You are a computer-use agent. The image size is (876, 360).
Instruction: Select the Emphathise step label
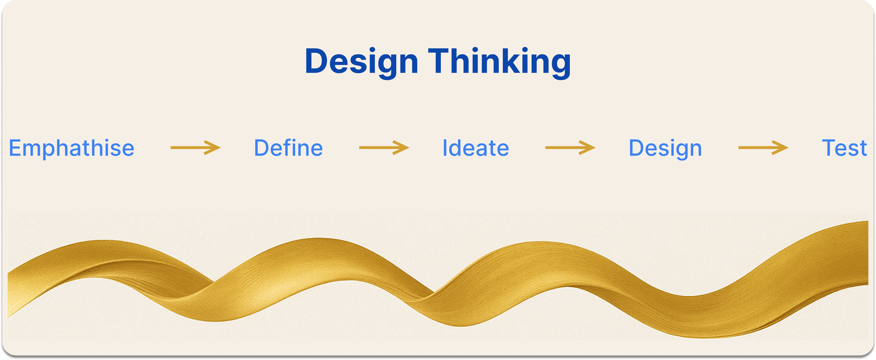coord(72,149)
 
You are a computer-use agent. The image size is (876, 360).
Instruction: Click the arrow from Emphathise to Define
coord(196,148)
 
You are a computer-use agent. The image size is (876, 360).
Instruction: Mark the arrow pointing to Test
coord(763,148)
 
